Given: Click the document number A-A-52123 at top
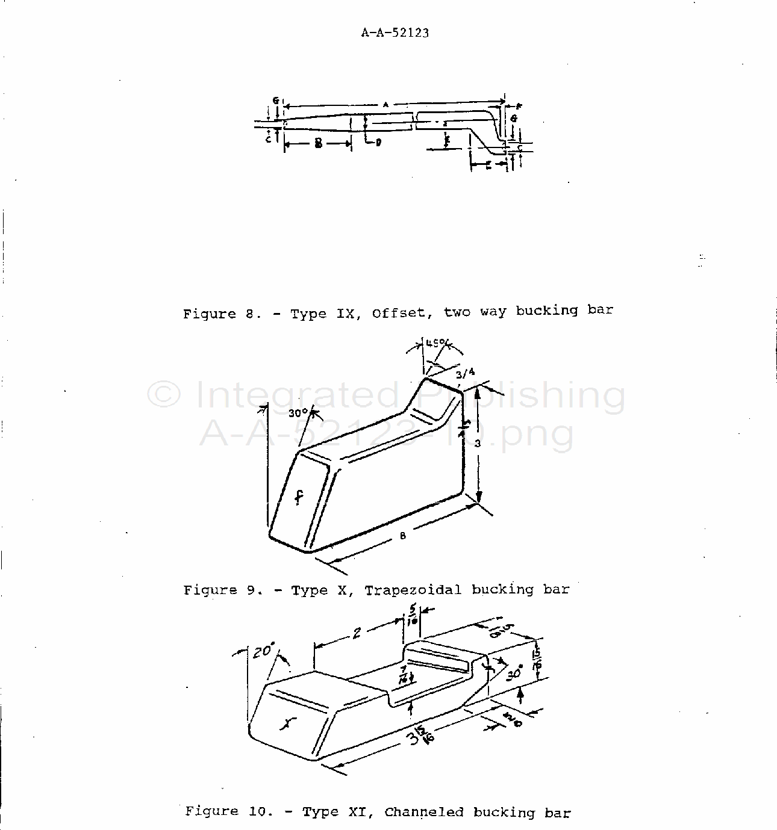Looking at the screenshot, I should pos(395,33).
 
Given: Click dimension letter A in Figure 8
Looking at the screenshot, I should pos(385,104).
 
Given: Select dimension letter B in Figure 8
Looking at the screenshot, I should pos(317,143).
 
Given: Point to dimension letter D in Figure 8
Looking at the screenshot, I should pos(378,143).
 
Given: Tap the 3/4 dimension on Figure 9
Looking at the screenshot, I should pos(466,373).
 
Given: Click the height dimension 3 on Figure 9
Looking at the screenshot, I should pos(476,444).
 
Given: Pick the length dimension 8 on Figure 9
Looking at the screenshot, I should pos(403,536).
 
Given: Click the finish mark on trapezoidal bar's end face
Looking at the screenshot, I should pos(299,497).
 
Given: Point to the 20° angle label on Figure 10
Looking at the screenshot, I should pos(264,651).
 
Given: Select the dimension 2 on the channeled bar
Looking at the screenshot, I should pos(357,633).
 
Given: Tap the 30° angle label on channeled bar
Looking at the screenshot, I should pos(513,674).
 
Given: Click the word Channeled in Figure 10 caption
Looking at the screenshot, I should pos(424,813).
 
